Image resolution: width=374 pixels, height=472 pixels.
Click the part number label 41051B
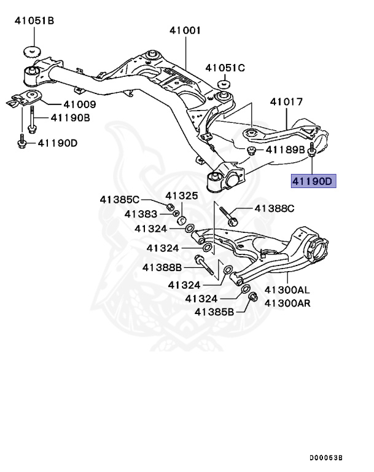[34, 22]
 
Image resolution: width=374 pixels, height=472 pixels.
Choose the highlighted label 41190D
[311, 181]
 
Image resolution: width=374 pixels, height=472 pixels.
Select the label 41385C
[120, 199]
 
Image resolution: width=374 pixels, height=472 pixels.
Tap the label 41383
[141, 213]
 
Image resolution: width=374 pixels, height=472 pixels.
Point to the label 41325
[182, 195]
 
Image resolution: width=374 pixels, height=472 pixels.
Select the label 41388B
[162, 267]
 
